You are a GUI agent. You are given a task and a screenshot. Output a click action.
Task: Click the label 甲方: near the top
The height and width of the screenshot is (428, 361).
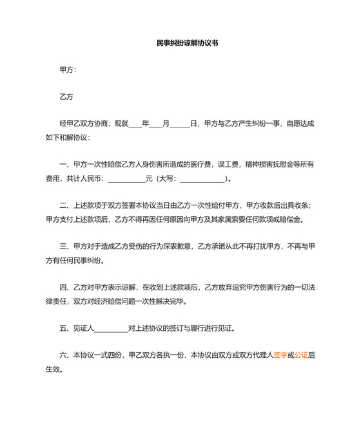coord(68,70)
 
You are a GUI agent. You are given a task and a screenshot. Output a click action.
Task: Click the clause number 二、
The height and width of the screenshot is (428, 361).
coord(66,205)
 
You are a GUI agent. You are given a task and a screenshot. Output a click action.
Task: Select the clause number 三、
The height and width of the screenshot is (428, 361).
coord(66,246)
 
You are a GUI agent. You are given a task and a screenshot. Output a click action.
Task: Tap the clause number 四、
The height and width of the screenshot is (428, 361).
coord(66,287)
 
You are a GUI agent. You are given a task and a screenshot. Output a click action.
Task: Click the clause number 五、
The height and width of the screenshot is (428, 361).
coord(66,328)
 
